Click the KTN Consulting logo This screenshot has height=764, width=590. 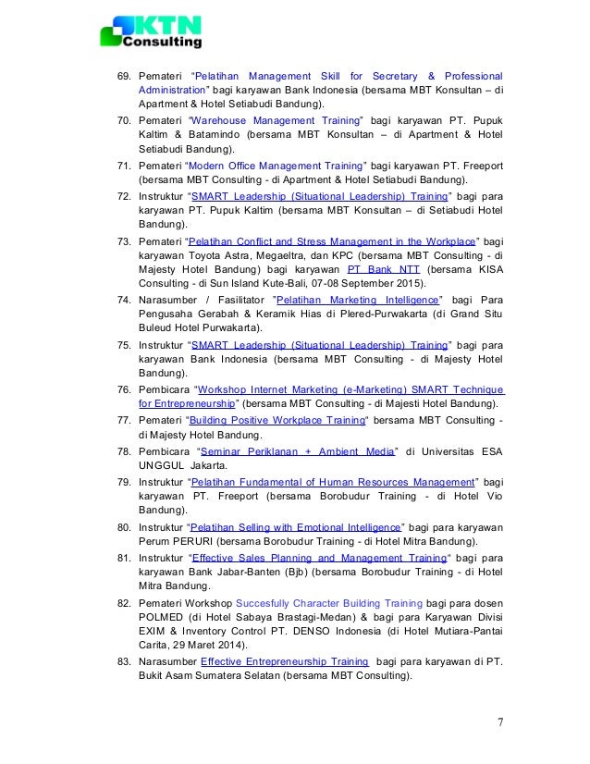pos(151,32)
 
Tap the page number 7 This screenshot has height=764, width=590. pos(500,722)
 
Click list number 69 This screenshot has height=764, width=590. pos(122,75)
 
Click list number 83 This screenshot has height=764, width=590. pos(122,661)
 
